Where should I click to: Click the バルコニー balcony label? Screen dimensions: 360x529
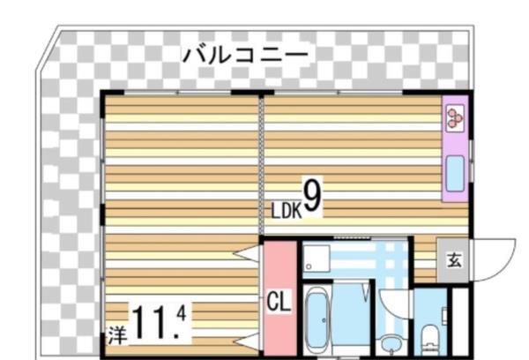pyautogui.click(x=246, y=54)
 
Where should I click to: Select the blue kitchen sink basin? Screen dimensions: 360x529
pyautogui.click(x=455, y=174)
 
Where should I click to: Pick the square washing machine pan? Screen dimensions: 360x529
pyautogui.click(x=315, y=258)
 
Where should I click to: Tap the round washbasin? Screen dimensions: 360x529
pyautogui.click(x=388, y=341)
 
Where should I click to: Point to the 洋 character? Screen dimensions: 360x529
pyautogui.click(x=117, y=335)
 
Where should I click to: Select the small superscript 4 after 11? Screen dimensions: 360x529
pyautogui.click(x=181, y=311)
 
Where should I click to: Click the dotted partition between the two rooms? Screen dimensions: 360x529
pyautogui.click(x=261, y=168)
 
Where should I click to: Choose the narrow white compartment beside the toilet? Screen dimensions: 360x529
pyautogui.click(x=458, y=319)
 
